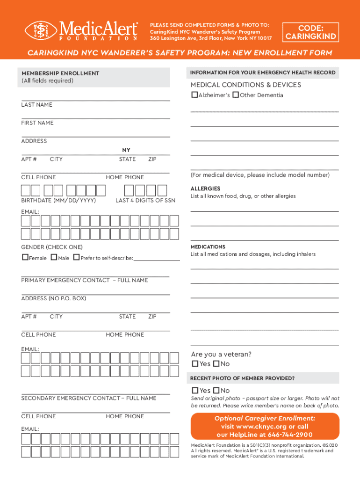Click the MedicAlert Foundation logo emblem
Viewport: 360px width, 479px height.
point(41,30)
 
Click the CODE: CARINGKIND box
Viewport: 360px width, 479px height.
point(311,32)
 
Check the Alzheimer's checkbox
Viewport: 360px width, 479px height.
point(194,95)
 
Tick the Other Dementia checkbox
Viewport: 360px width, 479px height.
point(236,95)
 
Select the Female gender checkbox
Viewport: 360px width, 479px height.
point(25,258)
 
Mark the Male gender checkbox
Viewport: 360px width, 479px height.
point(54,258)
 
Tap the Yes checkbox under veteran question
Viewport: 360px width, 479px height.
point(195,364)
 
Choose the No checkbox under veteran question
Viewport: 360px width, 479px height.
point(216,364)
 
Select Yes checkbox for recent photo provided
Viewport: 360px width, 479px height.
point(195,391)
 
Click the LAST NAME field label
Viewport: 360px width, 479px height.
point(36,105)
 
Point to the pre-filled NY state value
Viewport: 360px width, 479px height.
point(126,150)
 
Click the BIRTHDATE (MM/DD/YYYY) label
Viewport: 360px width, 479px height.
point(58,200)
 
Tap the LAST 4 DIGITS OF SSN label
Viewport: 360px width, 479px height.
point(145,200)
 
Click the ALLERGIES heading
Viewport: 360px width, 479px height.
point(205,189)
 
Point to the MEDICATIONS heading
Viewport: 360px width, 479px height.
point(208,247)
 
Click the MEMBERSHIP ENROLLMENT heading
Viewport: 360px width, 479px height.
point(60,73)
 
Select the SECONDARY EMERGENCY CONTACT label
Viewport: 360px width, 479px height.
point(89,398)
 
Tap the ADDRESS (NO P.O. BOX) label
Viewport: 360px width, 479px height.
point(53,298)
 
